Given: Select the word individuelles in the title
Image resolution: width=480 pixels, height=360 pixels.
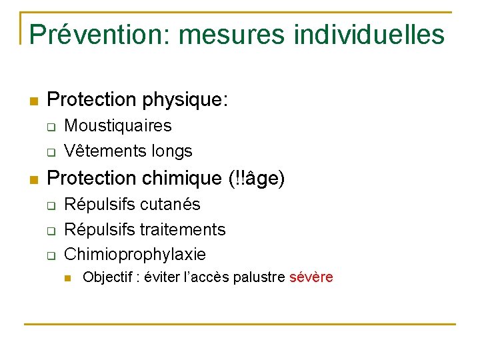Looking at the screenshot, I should click(x=369, y=34).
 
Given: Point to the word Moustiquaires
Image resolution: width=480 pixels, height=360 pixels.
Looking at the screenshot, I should click(x=117, y=126).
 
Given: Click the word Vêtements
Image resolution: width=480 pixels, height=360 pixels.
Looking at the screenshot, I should click(x=101, y=151).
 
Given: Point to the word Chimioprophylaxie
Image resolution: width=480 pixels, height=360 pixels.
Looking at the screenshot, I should click(x=135, y=255).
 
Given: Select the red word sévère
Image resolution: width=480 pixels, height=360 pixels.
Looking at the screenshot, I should click(x=311, y=277).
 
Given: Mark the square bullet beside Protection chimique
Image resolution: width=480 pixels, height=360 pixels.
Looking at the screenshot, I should click(x=33, y=179).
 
